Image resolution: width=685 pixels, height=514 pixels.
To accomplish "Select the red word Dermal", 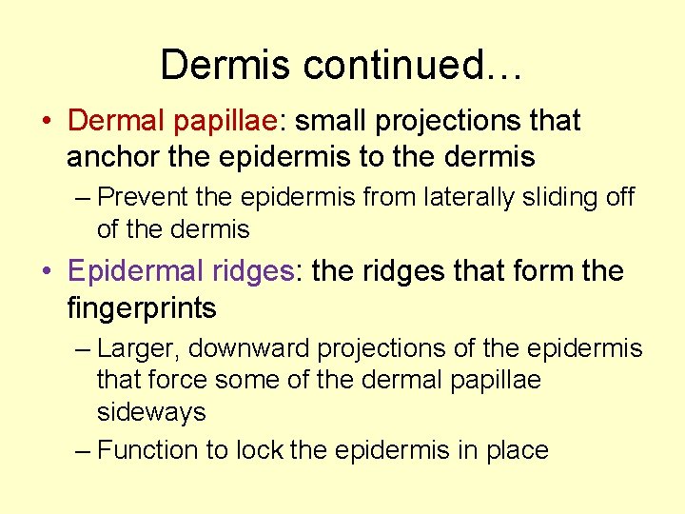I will click(118, 121).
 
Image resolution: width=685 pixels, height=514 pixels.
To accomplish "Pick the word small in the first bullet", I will click(329, 121).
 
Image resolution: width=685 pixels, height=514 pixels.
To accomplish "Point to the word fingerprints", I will click(142, 307).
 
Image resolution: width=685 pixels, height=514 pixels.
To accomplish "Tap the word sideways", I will click(151, 412).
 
